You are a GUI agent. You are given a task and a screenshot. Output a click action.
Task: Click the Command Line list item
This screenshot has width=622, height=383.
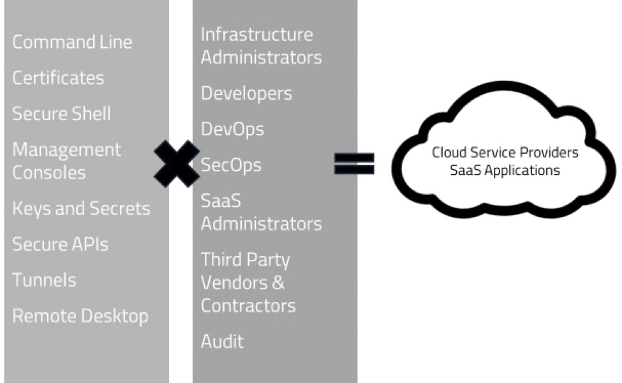[x=72, y=42]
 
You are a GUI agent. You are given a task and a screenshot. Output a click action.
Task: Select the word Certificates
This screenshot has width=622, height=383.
[x=58, y=78]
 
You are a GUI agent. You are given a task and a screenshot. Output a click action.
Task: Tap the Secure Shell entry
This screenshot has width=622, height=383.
[x=61, y=114]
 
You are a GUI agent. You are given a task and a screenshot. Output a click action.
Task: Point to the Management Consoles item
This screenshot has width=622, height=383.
[x=66, y=161]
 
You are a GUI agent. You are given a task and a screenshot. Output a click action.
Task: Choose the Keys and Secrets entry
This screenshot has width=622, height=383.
[x=81, y=209]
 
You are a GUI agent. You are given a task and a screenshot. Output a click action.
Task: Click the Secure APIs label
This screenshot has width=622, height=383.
[x=60, y=244]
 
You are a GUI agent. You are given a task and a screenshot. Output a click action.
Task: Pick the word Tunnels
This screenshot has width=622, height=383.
[x=44, y=280]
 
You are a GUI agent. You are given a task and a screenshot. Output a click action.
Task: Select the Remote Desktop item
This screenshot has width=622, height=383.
[x=80, y=316]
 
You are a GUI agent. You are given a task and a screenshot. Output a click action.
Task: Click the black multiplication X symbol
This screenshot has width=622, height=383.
[x=177, y=163]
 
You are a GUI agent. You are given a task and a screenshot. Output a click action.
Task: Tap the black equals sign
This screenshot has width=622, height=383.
[x=354, y=163]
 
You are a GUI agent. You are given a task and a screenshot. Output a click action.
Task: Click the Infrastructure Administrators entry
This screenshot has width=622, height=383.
[x=261, y=46]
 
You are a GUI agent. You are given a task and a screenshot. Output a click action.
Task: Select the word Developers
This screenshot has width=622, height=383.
[x=246, y=93]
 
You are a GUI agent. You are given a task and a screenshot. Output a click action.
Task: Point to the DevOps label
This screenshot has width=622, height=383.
[x=232, y=130]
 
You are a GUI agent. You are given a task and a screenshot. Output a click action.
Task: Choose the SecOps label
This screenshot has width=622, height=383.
[x=231, y=165]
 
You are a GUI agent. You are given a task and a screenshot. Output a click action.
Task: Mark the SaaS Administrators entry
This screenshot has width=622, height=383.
[x=261, y=213]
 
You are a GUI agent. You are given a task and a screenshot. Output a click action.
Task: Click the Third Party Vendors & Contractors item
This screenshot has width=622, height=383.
[x=248, y=283]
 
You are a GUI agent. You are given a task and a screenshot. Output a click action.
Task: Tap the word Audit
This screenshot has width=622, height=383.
[x=222, y=342]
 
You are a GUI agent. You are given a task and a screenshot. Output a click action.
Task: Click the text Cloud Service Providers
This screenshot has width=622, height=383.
[x=505, y=153]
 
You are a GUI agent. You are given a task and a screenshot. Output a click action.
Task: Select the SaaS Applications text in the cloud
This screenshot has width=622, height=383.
[x=505, y=170]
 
